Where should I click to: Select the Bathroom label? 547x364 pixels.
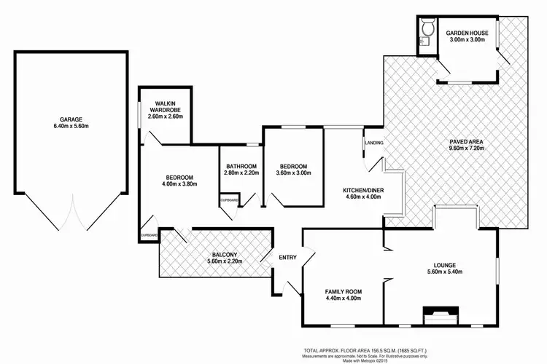[241, 166]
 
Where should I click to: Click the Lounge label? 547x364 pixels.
[444, 266]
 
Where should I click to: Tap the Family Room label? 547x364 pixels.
[343, 292]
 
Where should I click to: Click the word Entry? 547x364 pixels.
[288, 256]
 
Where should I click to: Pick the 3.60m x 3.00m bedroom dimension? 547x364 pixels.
[293, 173]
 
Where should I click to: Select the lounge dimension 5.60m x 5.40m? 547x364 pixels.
[444, 273]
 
